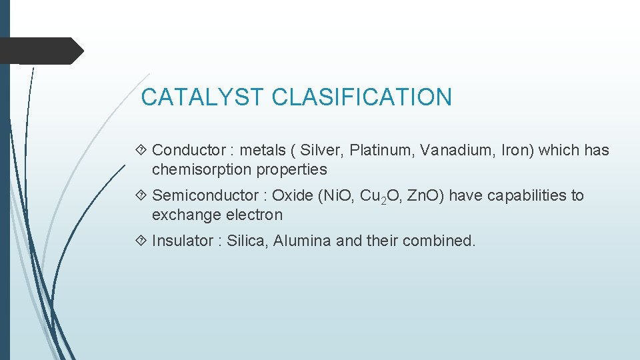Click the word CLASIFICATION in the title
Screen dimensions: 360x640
point(362,97)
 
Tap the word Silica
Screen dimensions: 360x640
point(245,241)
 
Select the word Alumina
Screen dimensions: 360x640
point(302,241)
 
